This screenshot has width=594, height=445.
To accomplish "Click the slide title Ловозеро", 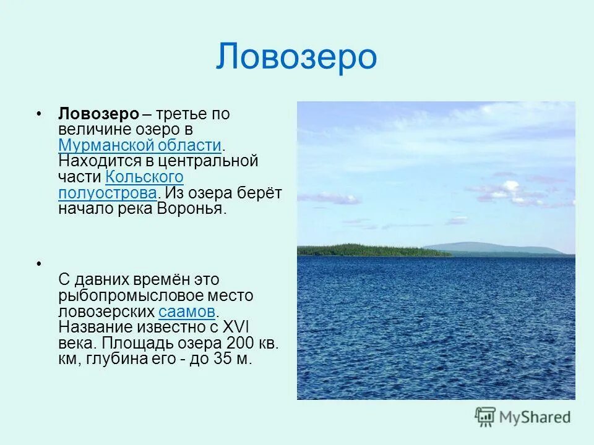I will (x=296, y=57).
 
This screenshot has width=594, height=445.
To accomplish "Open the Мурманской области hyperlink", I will (x=140, y=146).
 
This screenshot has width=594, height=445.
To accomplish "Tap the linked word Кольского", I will (x=144, y=177).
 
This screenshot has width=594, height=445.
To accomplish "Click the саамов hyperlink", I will (x=187, y=311).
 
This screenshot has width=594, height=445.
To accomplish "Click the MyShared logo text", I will (x=535, y=417).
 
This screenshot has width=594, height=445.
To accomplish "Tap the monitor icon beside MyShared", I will (x=486, y=417).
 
